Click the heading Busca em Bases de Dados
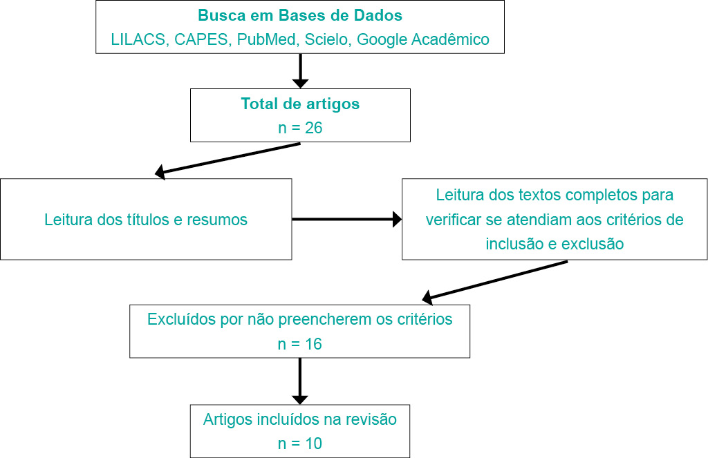[x=300, y=15]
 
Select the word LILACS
[x=136, y=39]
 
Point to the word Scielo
[x=326, y=39]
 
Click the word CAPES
[x=201, y=39]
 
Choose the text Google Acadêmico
[x=423, y=39]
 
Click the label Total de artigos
[x=300, y=104]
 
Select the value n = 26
[x=300, y=128]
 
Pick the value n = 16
[x=300, y=343]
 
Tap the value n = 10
[x=300, y=443]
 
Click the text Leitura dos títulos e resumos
[x=146, y=220]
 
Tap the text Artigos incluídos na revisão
[x=300, y=419]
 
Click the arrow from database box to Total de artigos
[x=300, y=70]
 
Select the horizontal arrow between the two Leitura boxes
[x=346, y=220]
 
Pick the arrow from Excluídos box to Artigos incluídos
[x=300, y=381]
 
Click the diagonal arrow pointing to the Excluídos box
[x=495, y=280]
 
